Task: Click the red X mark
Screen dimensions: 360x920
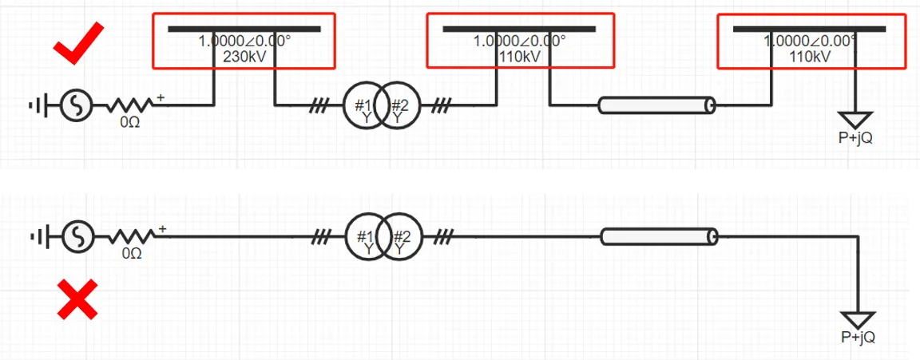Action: (77, 299)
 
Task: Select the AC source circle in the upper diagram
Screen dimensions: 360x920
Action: (78, 105)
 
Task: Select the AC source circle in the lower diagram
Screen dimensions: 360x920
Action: (78, 236)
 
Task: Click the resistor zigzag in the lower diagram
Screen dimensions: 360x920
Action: (130, 236)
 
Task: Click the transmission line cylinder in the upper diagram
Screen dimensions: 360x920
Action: (656, 105)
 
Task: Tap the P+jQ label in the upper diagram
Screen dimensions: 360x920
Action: (855, 137)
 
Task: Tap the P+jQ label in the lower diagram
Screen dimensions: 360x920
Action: (858, 337)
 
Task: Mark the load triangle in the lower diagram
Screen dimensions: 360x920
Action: (858, 319)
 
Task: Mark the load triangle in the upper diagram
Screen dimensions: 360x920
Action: (855, 119)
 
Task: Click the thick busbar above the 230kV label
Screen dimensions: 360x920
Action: (244, 30)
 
